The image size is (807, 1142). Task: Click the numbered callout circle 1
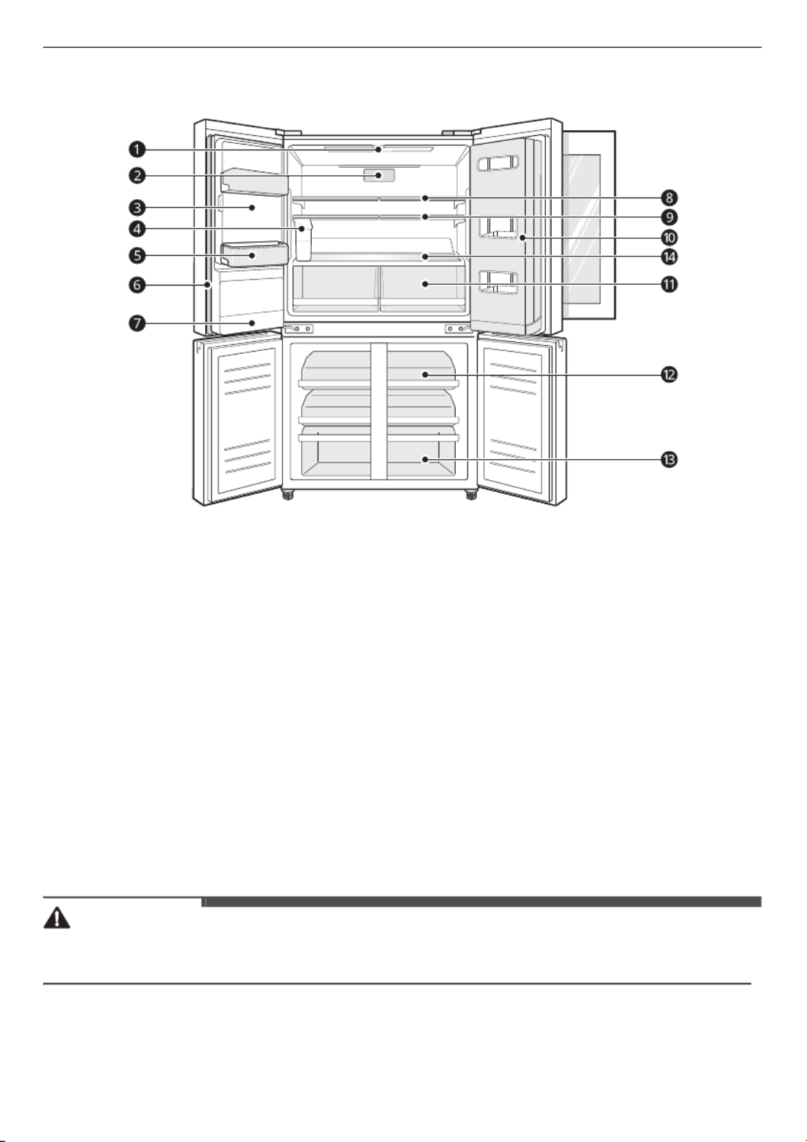coord(137,150)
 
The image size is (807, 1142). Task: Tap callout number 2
coord(137,176)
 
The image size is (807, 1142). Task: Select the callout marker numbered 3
coord(137,208)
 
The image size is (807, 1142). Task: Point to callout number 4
coord(137,230)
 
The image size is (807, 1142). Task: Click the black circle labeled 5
coord(137,255)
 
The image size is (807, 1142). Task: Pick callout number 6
coord(137,285)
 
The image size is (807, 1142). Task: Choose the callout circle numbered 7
coord(137,323)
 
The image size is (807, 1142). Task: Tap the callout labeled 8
coord(670,198)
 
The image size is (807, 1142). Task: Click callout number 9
coord(670,217)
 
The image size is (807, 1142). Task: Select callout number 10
coord(670,238)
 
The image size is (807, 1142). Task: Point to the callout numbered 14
coord(670,257)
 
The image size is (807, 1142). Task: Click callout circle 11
coord(670,284)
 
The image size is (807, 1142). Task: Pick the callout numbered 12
coord(670,375)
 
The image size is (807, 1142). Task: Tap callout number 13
coord(670,459)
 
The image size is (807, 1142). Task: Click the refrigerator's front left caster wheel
coord(288,495)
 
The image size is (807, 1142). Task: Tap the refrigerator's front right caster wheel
coord(471,495)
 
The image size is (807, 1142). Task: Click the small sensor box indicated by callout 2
coord(379,176)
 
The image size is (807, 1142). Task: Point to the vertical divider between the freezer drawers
coord(379,411)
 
